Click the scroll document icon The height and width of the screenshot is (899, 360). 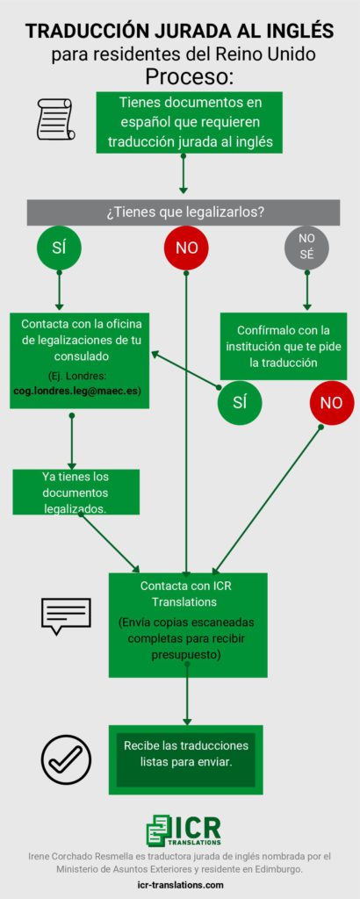click(x=55, y=119)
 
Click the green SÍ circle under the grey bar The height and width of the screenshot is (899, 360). click(x=59, y=248)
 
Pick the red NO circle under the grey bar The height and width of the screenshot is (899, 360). click(x=186, y=248)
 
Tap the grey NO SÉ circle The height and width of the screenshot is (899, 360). click(x=306, y=248)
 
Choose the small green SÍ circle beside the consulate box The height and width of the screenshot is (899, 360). click(x=240, y=402)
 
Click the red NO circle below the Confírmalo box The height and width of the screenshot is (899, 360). click(x=331, y=402)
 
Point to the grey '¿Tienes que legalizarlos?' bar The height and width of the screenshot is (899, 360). click(x=184, y=212)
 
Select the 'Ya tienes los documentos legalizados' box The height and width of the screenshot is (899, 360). click(x=76, y=492)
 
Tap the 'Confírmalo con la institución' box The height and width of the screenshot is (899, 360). click(x=284, y=346)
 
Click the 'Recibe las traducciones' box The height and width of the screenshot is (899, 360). click(x=186, y=759)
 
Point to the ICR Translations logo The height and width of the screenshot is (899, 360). click(x=184, y=831)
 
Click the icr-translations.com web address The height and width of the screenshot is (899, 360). click(x=181, y=885)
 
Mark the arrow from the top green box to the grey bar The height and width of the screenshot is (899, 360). click(x=184, y=173)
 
